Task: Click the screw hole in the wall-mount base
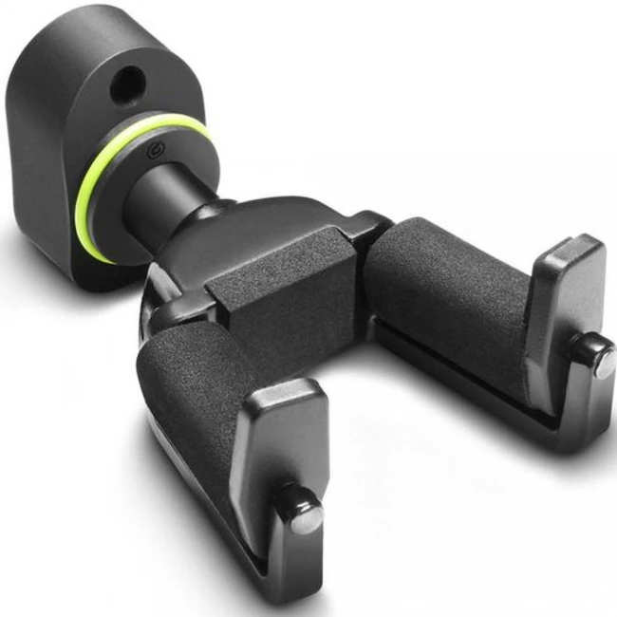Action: (124, 88)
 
